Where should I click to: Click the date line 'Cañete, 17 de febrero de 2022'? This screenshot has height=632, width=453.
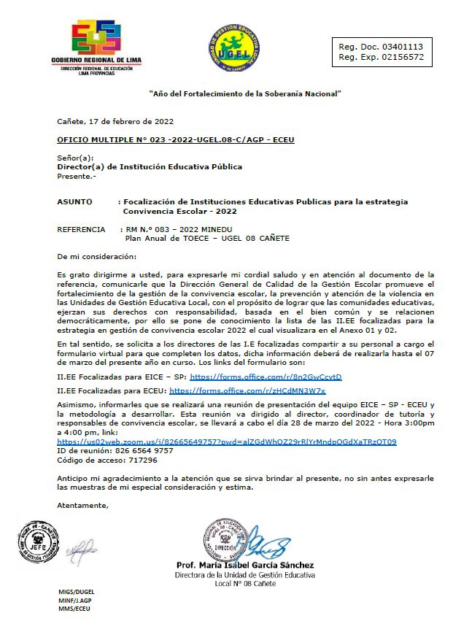[115, 121]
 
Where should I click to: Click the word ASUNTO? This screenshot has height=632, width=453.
[74, 201]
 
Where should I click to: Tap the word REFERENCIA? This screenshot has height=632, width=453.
[81, 229]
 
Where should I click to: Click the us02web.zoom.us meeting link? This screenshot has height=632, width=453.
[226, 442]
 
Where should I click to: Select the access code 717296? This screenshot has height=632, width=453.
[141, 460]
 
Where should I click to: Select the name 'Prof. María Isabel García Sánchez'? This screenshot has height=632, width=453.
[245, 565]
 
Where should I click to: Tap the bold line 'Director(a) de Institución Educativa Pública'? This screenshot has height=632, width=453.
[150, 166]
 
